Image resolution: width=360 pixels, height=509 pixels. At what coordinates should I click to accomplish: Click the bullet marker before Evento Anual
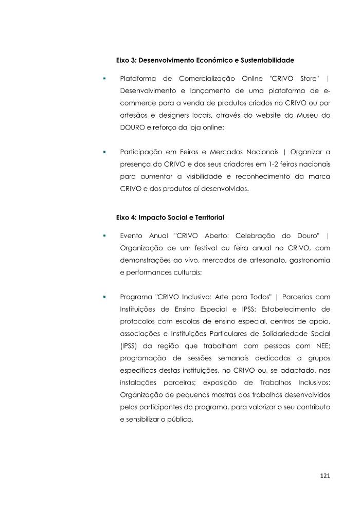pos(104,236)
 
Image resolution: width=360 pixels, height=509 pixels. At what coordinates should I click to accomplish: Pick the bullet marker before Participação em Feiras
pos(104,152)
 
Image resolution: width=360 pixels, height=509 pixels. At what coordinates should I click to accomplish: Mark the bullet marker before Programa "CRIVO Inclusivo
pos(104,297)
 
